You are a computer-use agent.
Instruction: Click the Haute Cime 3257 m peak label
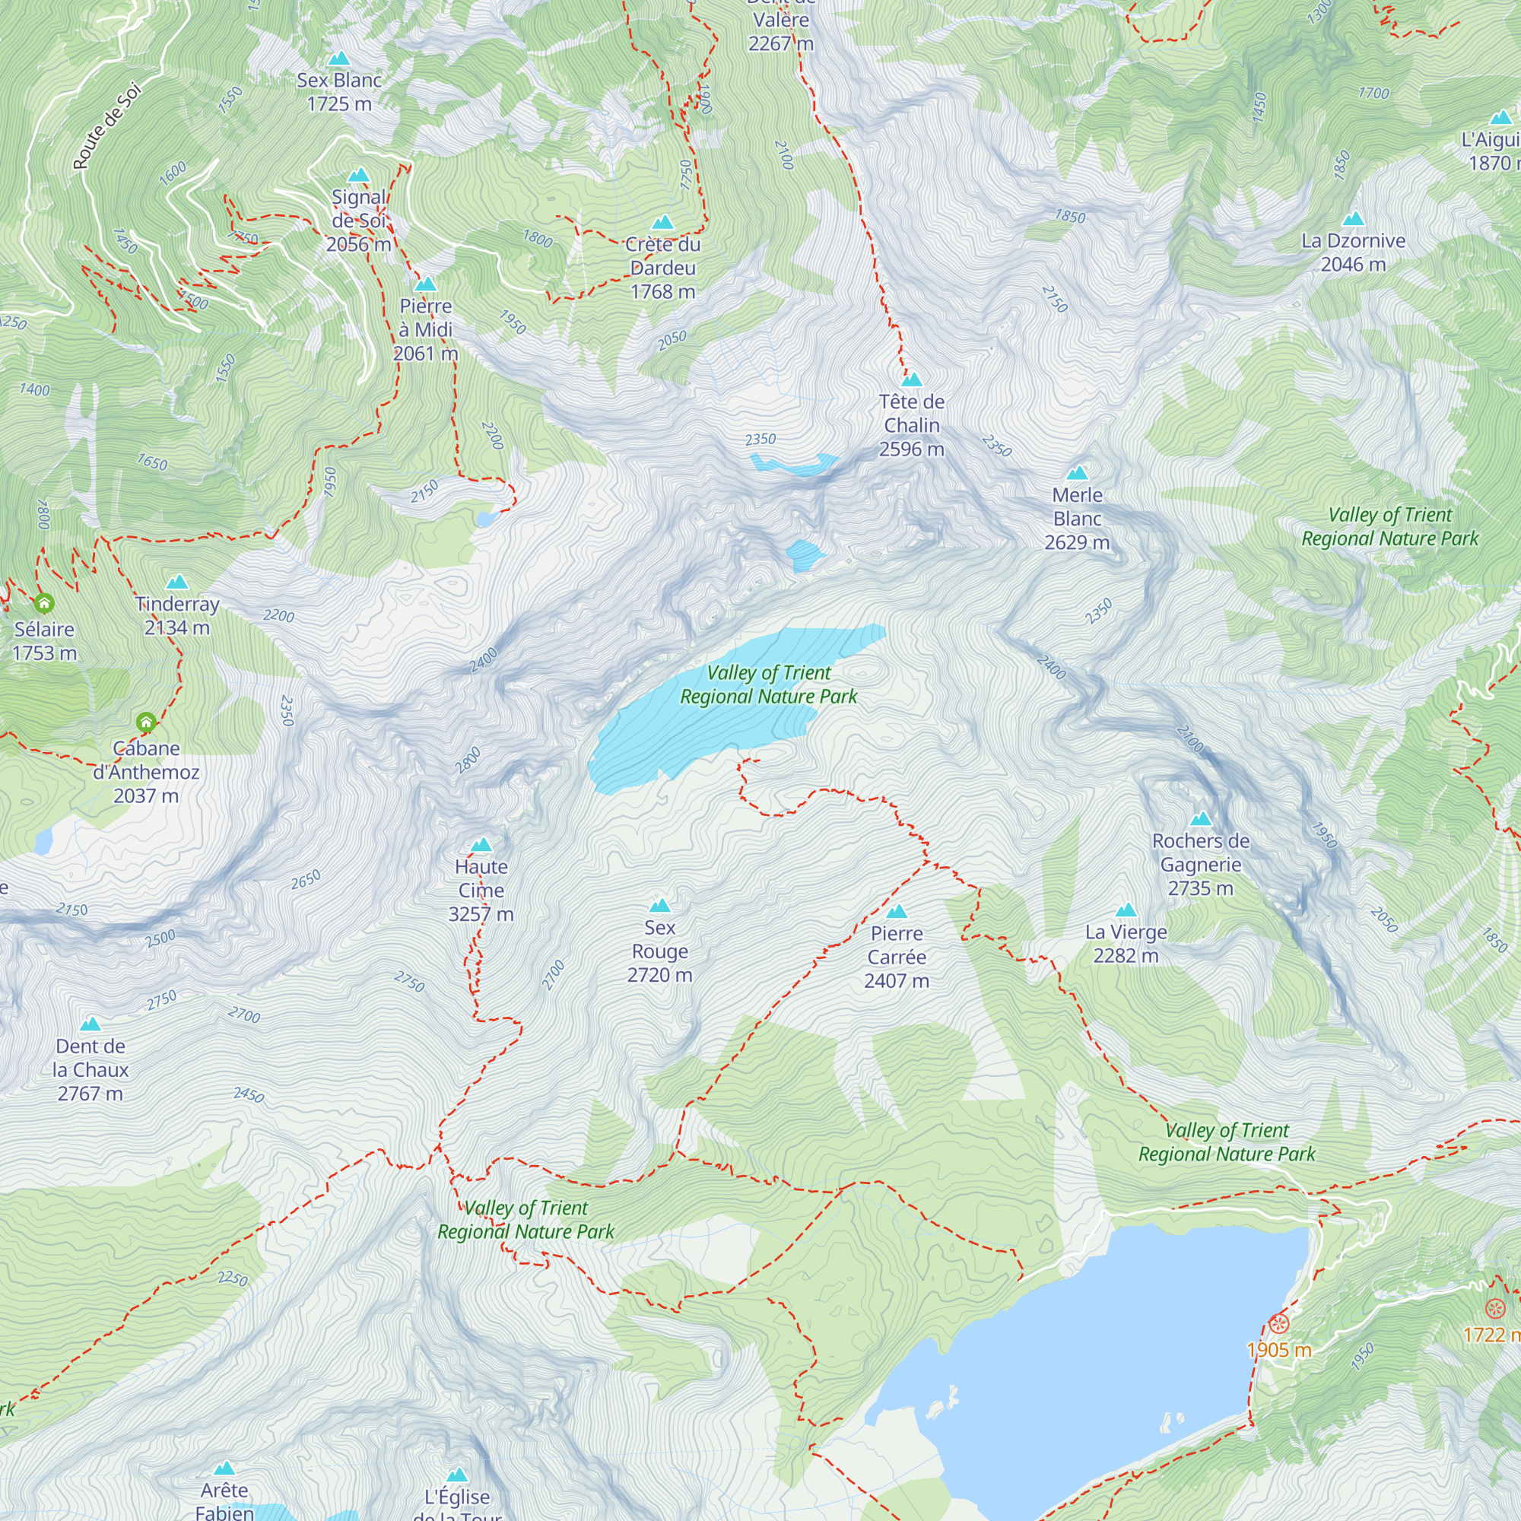point(481,891)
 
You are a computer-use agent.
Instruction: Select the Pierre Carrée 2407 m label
point(896,957)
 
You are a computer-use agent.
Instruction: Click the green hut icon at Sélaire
point(44,604)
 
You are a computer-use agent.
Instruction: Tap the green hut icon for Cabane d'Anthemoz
point(146,722)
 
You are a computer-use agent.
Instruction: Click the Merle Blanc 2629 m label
point(1076,518)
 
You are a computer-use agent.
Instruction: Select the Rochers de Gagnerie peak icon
point(1201,819)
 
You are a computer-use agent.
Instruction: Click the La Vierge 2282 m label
point(1125,943)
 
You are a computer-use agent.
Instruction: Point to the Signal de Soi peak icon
point(359,175)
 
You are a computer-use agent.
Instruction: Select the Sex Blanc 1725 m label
point(338,91)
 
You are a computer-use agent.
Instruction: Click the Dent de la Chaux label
point(90,1069)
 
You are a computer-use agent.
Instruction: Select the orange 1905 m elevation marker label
point(1279,1350)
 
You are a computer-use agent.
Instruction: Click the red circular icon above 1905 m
point(1279,1324)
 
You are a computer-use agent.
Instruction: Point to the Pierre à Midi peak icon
point(426,284)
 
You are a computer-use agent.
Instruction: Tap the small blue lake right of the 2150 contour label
point(487,519)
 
